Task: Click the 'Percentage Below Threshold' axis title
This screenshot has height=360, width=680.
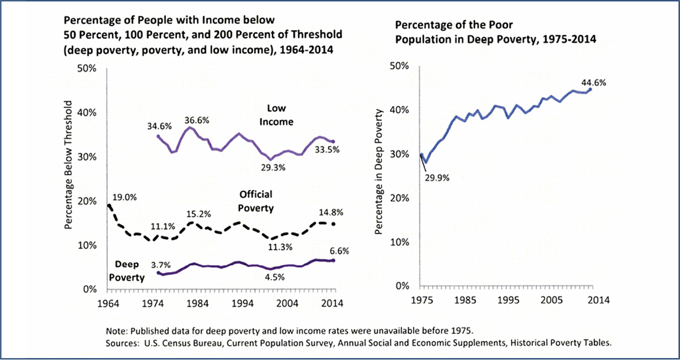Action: tap(70, 165)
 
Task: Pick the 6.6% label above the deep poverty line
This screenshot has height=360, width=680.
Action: tap(339, 251)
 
